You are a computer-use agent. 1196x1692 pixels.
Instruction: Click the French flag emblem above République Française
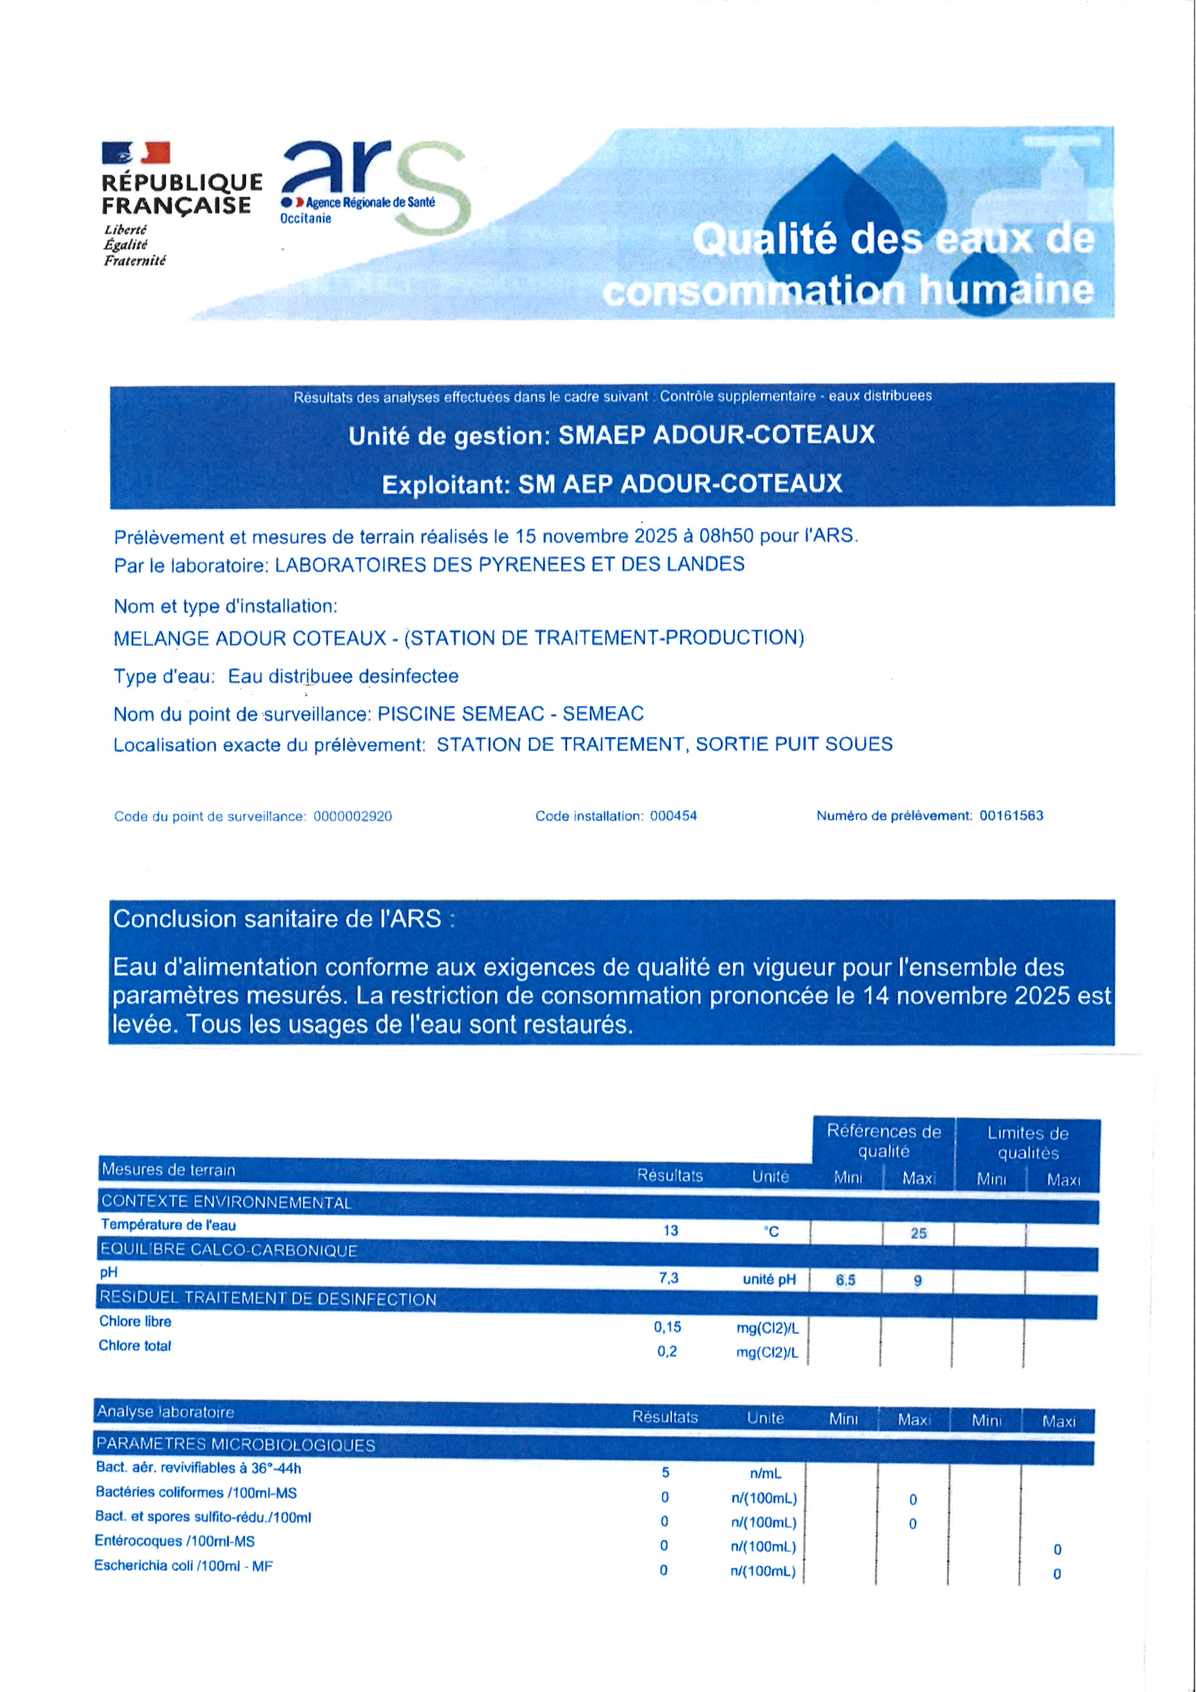tap(136, 152)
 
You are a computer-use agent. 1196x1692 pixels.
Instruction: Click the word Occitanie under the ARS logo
tap(306, 219)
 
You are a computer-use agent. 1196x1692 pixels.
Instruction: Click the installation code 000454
tap(673, 816)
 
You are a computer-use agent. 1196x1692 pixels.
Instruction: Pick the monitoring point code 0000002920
tap(353, 816)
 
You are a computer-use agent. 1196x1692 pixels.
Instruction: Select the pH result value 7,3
tap(669, 1279)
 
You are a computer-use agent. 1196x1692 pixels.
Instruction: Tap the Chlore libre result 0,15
tap(668, 1327)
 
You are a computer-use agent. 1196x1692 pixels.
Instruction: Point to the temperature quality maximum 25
tap(918, 1233)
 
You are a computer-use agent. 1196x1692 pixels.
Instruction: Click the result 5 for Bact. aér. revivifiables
tap(666, 1472)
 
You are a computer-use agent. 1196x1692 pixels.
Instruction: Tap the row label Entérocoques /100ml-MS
tap(175, 1541)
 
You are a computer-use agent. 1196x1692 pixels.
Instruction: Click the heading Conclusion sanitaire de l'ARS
tap(284, 919)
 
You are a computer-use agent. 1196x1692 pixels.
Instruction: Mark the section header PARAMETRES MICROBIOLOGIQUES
tap(236, 1444)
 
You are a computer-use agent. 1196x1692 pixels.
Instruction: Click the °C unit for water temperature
tap(771, 1231)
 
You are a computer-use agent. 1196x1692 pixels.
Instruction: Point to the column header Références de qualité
tap(884, 1141)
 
